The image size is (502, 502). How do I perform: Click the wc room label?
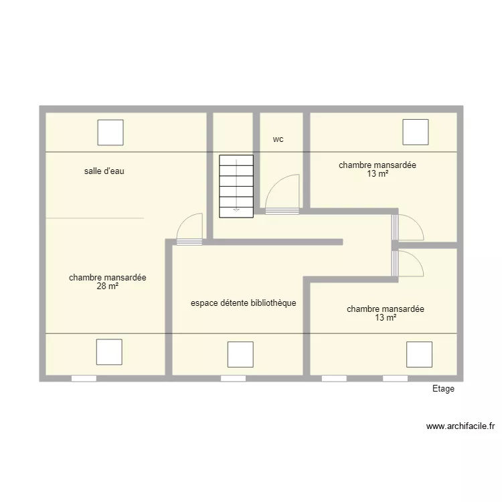point(278,139)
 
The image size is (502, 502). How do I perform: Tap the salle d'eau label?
point(104,171)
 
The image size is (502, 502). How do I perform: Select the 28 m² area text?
point(108,286)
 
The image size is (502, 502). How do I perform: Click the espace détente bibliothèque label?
point(244,303)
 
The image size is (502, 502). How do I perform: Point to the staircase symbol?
point(236,186)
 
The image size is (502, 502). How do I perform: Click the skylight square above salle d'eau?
point(110,133)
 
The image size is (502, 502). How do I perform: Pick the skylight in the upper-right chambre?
point(416,133)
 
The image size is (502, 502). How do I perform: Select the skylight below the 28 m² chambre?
point(109,352)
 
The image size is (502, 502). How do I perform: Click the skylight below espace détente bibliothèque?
point(240,354)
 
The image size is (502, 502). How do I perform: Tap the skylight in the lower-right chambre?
point(420,354)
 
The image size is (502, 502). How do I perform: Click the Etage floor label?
point(443,389)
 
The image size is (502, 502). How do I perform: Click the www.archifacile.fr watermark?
point(461,426)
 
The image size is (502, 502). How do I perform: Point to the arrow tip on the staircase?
point(236,211)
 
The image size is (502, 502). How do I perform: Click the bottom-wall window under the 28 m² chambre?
point(84,378)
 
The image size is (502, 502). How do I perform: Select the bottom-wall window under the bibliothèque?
point(234,378)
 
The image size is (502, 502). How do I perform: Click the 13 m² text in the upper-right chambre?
point(378,174)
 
